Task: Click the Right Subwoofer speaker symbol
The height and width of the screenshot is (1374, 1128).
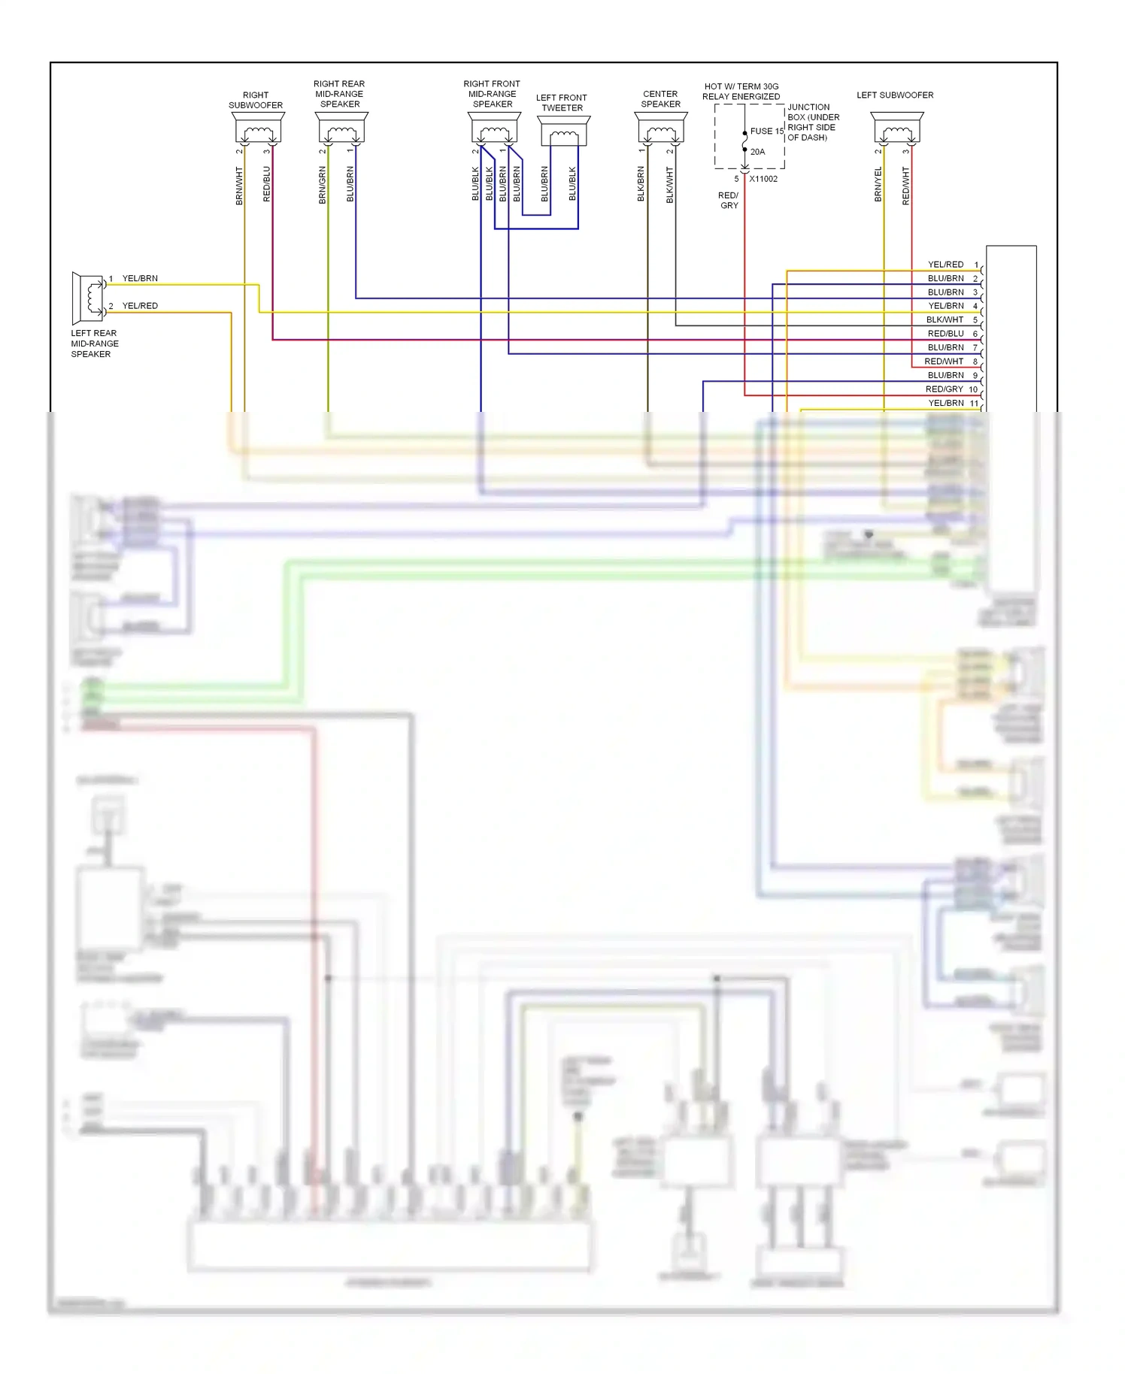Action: pyautogui.click(x=258, y=129)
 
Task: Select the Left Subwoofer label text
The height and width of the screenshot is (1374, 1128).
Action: pyautogui.click(x=895, y=95)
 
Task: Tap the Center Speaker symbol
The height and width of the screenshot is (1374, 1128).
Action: pyautogui.click(x=661, y=129)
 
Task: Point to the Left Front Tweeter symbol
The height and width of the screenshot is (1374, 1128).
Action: pyautogui.click(x=564, y=132)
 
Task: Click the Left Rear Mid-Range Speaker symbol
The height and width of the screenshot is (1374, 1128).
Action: pyautogui.click(x=88, y=298)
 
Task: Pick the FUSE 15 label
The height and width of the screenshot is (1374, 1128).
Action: pyautogui.click(x=766, y=132)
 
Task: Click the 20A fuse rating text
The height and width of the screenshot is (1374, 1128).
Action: pyautogui.click(x=757, y=152)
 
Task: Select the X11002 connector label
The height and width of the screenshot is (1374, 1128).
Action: pyautogui.click(x=763, y=179)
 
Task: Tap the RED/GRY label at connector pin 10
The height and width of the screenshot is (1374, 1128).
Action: pyautogui.click(x=944, y=389)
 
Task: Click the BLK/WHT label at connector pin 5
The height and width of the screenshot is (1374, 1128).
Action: pyautogui.click(x=945, y=320)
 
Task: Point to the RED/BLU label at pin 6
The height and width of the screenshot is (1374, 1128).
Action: pyautogui.click(x=945, y=334)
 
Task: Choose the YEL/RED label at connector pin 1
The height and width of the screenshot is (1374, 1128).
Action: pyautogui.click(x=945, y=265)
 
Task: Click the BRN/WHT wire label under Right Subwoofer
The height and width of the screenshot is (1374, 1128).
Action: pyautogui.click(x=239, y=186)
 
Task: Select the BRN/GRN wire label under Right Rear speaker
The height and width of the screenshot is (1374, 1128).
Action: pyautogui.click(x=323, y=186)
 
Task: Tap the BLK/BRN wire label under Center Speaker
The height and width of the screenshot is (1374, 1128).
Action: pyautogui.click(x=641, y=184)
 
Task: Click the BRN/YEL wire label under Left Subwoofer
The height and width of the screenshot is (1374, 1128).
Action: pyautogui.click(x=878, y=184)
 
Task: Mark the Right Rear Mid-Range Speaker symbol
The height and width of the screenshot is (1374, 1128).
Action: pyautogui.click(x=341, y=129)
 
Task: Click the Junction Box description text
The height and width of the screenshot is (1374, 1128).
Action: pyautogui.click(x=812, y=123)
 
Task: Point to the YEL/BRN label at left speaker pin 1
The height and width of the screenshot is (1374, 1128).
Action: pyautogui.click(x=140, y=279)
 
